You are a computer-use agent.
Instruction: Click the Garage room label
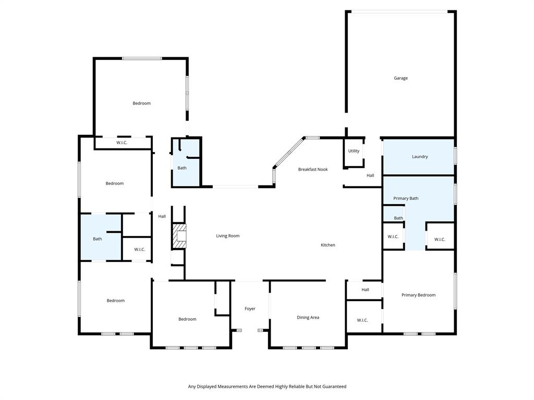(400, 78)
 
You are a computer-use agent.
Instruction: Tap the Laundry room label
(420, 156)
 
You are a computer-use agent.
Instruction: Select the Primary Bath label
(406, 198)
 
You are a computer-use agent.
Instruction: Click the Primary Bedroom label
(418, 295)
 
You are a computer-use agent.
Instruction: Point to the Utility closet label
(354, 151)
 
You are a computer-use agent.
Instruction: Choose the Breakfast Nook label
(313, 169)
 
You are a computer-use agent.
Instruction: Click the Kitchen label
(327, 245)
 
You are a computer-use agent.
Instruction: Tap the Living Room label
(228, 236)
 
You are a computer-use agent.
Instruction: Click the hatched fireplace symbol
(179, 236)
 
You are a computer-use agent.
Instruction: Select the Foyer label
(250, 309)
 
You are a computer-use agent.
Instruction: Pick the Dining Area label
(308, 317)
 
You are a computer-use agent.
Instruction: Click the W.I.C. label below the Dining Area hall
(362, 320)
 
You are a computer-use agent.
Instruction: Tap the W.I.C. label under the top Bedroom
(122, 143)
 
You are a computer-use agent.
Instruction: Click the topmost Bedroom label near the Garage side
(141, 103)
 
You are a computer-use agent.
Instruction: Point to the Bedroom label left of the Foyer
(187, 319)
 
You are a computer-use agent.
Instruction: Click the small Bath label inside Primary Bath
(398, 218)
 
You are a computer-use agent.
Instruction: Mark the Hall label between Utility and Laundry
(370, 176)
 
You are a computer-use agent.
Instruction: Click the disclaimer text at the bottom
(267, 386)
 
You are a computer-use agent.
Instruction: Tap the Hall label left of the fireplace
(162, 217)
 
